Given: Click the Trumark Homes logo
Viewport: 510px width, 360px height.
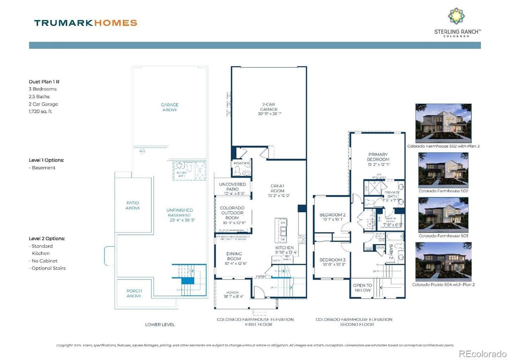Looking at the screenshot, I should (86, 23).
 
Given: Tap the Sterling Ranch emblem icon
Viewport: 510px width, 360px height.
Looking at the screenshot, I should (456, 16).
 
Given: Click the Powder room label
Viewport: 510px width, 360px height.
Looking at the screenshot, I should (241, 164).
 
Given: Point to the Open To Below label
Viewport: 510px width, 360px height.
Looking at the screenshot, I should (363, 288).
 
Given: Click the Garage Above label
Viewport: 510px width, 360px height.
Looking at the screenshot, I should (170, 107).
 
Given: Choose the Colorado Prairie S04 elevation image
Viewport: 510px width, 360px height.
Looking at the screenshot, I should (443, 262).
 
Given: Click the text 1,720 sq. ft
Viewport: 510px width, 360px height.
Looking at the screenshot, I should (40, 112).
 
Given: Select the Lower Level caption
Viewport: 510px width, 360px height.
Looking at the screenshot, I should (160, 325).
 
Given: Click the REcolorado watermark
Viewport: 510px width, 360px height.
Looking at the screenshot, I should (483, 353).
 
